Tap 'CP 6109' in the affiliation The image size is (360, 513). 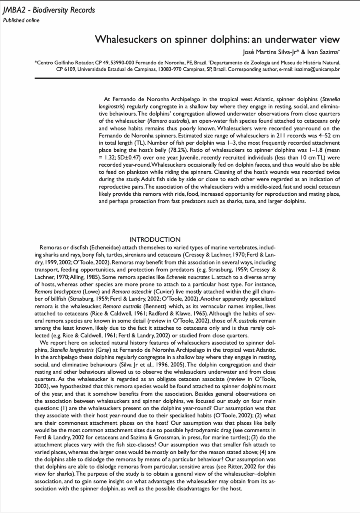point(66,69)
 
